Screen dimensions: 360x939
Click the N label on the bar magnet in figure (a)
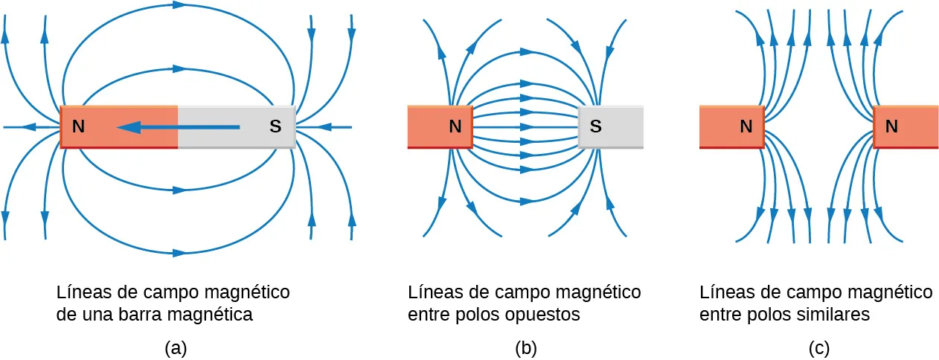click(x=78, y=127)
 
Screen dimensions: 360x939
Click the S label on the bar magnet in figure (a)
click(x=275, y=127)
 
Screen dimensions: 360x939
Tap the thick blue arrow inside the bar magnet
click(x=179, y=128)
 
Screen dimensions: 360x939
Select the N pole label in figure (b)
click(x=455, y=127)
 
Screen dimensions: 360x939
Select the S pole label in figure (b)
click(x=595, y=127)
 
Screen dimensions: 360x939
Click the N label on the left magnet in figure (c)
click(x=746, y=127)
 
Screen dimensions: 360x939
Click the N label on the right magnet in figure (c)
click(x=891, y=127)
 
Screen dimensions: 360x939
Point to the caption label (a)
click(x=174, y=348)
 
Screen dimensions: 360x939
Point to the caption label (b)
click(x=525, y=348)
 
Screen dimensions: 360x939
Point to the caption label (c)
click(x=818, y=348)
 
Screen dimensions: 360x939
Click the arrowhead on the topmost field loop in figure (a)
click(x=179, y=4)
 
